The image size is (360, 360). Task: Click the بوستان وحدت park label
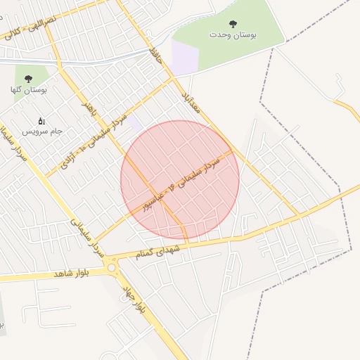tap(233, 34)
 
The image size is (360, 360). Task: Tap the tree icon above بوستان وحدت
tap(233, 24)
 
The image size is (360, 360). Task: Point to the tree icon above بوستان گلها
tap(28, 79)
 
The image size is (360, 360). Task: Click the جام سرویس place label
tap(41, 131)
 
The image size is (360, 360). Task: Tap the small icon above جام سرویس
tap(41, 121)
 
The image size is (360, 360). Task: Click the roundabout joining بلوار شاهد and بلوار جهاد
tap(112, 267)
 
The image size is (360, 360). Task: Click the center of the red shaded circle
tap(181, 180)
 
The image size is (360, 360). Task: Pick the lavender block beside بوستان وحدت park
tap(185, 56)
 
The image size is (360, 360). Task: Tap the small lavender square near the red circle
tap(134, 122)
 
